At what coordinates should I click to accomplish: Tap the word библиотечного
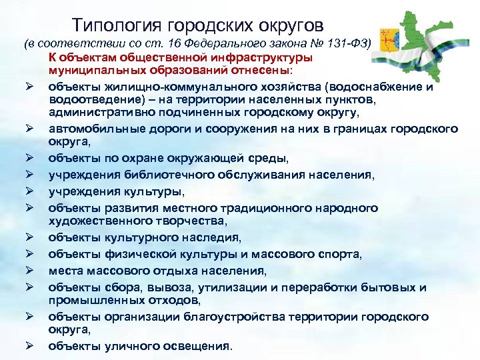coord(171,175)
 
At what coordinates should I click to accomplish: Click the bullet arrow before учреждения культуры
coord(29,191)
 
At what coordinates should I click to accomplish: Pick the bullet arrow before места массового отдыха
coord(29,271)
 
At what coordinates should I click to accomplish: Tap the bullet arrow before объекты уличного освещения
coord(29,346)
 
